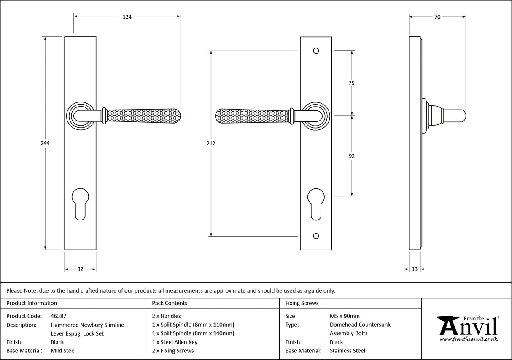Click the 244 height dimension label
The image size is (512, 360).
(x=45, y=143)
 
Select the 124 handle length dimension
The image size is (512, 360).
(x=127, y=17)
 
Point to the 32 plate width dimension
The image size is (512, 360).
(x=80, y=269)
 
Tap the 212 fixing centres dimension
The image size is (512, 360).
(x=211, y=143)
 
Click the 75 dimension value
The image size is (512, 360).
(x=352, y=83)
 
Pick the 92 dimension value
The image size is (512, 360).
(x=352, y=156)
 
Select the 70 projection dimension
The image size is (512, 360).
(x=437, y=17)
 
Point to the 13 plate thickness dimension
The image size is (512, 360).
(x=415, y=269)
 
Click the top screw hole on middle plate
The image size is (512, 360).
(x=316, y=51)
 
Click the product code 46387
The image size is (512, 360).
(x=58, y=316)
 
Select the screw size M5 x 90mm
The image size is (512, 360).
(x=345, y=316)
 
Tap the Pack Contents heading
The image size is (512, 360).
(x=170, y=303)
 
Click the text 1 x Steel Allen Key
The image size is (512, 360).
(x=175, y=342)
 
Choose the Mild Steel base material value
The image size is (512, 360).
(x=63, y=351)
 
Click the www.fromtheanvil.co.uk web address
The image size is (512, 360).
(x=468, y=339)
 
